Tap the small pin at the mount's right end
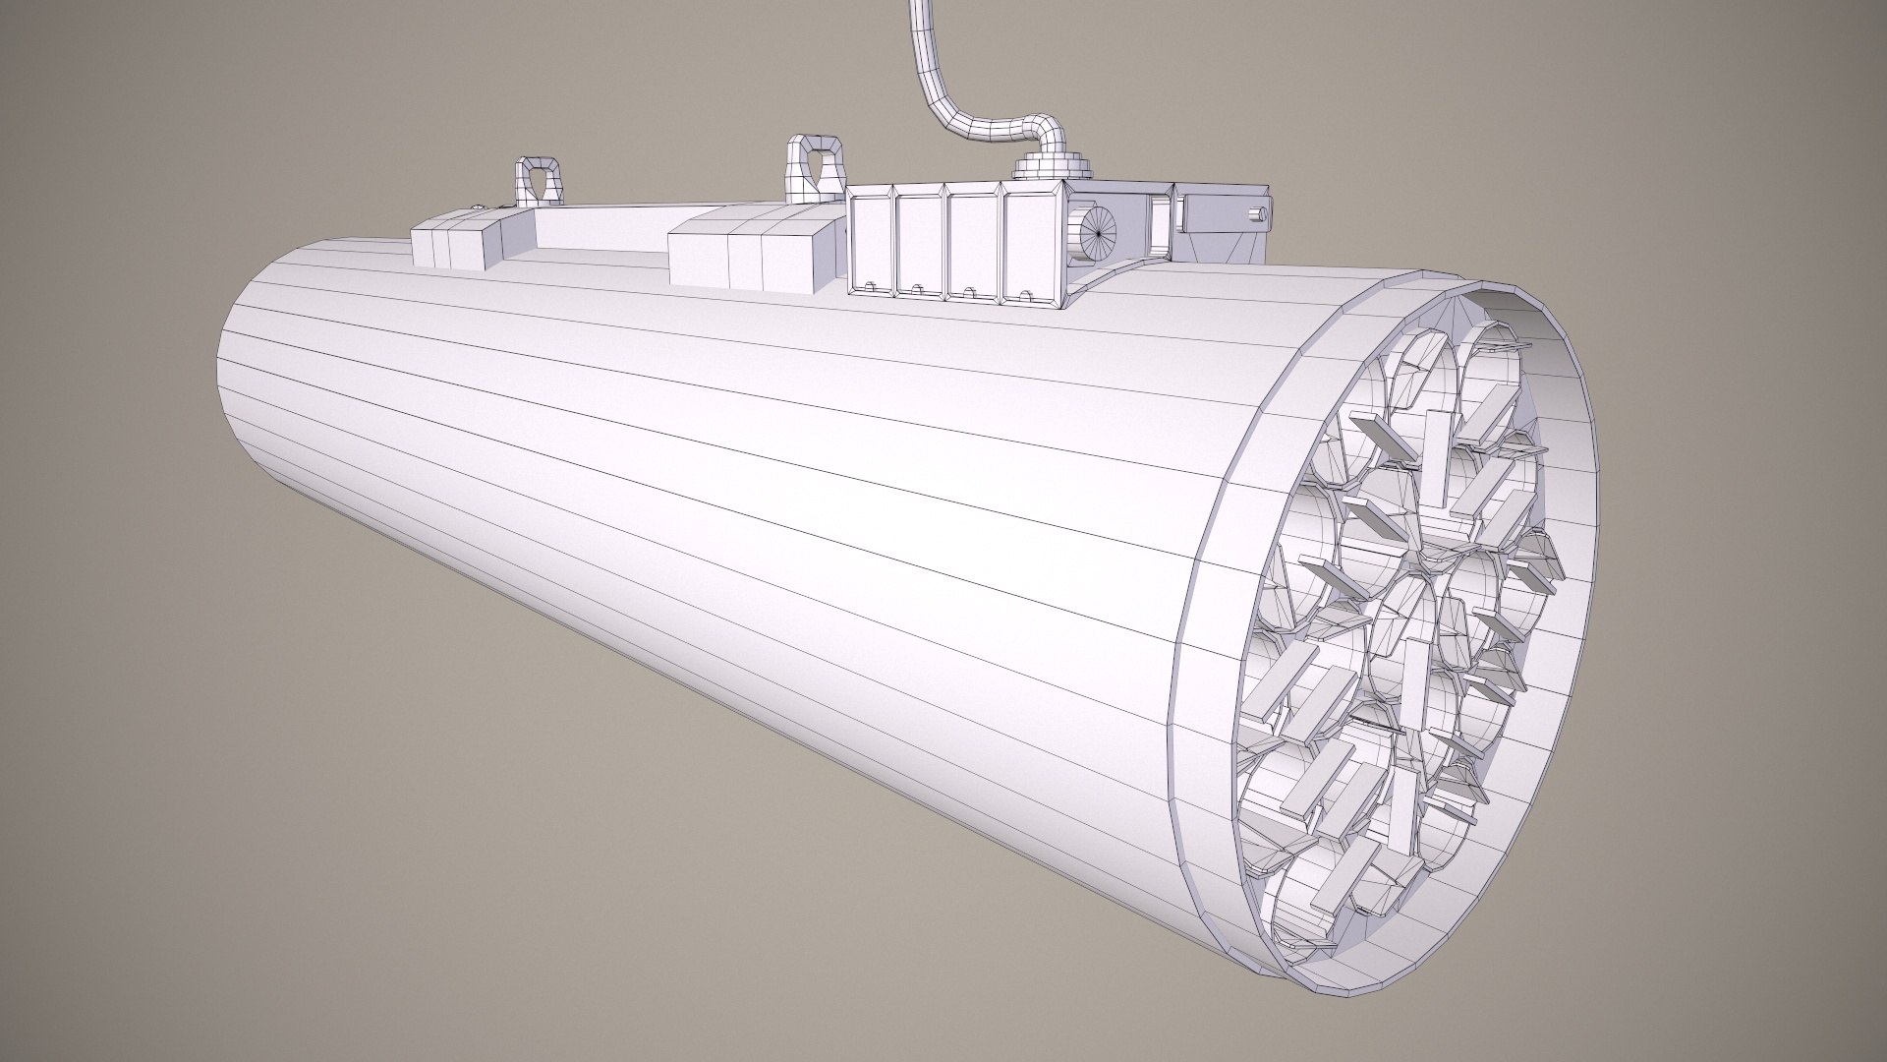(1255, 211)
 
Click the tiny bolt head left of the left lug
(478, 206)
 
